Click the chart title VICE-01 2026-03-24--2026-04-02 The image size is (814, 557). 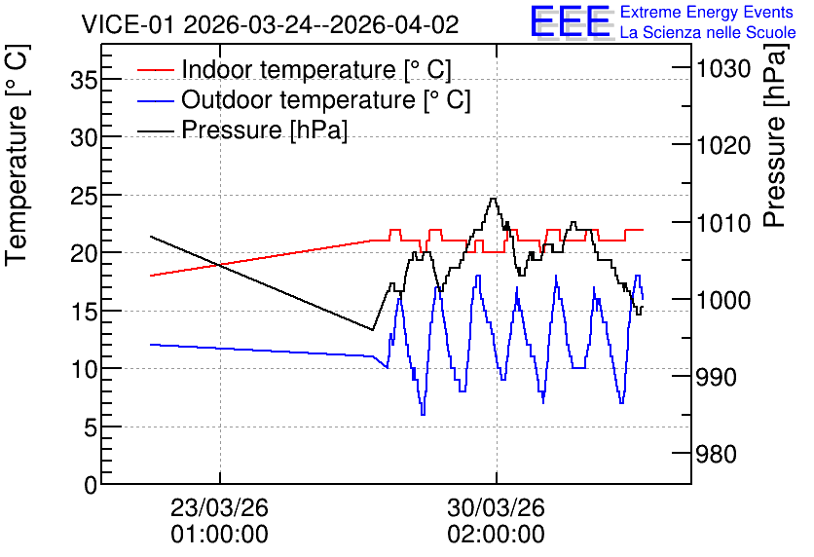[270, 25]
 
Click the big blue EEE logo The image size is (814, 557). [571, 21]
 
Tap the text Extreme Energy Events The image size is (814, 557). [707, 12]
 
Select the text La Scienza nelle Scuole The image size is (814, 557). [708, 33]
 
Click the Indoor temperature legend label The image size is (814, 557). [316, 69]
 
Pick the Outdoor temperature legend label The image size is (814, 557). [325, 99]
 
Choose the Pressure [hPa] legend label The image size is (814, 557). [264, 130]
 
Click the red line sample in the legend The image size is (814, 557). [155, 69]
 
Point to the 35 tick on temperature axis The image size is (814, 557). [84, 80]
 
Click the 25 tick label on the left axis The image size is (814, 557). [84, 196]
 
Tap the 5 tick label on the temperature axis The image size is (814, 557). [91, 427]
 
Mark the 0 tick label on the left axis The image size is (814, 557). [91, 485]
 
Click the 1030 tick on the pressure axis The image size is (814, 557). [723, 68]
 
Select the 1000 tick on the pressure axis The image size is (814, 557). [723, 300]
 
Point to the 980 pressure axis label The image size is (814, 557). [717, 454]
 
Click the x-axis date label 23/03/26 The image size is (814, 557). [220, 507]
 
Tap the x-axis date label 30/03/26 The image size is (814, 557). [497, 507]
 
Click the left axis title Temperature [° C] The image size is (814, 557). [18, 155]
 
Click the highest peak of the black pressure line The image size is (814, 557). [494, 198]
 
